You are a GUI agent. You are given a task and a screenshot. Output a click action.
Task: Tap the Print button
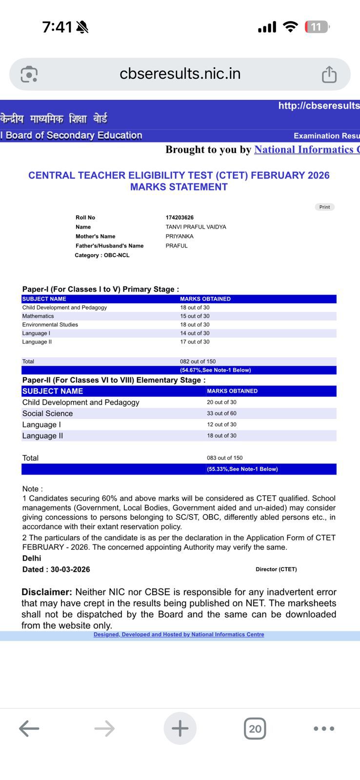(324, 207)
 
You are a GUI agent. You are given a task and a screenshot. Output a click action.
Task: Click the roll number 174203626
(180, 217)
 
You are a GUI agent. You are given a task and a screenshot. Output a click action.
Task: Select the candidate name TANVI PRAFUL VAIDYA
(196, 227)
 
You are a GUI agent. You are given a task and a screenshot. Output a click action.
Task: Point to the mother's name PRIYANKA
(180, 236)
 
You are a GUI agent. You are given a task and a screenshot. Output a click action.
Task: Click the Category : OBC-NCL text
(102, 255)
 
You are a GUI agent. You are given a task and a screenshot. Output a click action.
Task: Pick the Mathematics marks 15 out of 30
(195, 316)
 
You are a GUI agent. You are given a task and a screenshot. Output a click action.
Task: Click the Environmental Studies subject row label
(50, 325)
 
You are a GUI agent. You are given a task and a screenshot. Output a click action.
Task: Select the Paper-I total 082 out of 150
(198, 362)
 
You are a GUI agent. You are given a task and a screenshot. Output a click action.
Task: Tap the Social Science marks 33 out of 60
(221, 413)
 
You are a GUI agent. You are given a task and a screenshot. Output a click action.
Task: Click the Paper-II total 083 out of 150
(224, 458)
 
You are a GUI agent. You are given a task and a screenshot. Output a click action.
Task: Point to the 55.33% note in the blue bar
(242, 469)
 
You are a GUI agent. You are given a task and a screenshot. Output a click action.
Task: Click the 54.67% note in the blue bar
(215, 370)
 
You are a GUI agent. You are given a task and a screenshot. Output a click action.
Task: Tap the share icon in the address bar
(329, 74)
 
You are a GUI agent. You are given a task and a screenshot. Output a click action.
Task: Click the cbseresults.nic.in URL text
(180, 74)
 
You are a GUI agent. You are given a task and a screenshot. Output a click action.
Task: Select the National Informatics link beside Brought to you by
(306, 150)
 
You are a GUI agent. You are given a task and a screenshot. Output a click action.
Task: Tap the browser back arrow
(29, 729)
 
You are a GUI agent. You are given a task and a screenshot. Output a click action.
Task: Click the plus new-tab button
(180, 729)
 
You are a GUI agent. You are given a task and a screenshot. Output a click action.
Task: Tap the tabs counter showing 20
(255, 729)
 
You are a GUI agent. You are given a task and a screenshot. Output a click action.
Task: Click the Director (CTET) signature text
(276, 569)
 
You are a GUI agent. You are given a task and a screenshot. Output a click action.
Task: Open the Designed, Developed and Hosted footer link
(179, 635)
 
